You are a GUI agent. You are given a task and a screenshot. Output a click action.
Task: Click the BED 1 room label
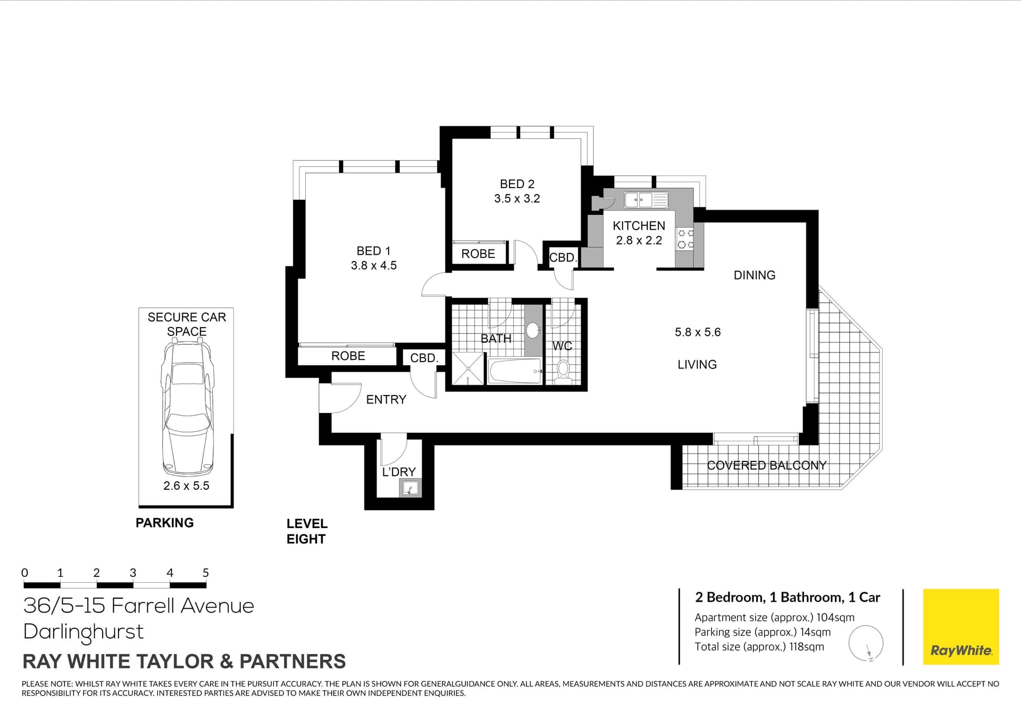point(373,251)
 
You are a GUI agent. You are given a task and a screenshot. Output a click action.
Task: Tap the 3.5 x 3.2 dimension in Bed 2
point(517,199)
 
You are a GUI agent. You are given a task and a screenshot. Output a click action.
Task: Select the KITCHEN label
point(639,226)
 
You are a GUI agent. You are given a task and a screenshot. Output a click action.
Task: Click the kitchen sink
point(646,200)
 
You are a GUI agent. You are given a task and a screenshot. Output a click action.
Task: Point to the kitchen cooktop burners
point(685,239)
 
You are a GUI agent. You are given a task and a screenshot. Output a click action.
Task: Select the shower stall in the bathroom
point(468,368)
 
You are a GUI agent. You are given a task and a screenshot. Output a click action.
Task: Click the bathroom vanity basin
point(533,330)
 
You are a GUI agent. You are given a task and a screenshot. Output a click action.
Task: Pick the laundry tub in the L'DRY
point(410,488)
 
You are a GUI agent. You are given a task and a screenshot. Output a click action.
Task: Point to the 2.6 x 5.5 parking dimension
point(186,486)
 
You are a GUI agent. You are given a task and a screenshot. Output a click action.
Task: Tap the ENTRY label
point(386,400)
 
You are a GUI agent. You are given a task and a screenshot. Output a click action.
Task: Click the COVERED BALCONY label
point(767,466)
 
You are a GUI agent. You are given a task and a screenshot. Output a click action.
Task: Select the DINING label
point(755,275)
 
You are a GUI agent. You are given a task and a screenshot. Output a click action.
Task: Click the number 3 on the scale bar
point(133,573)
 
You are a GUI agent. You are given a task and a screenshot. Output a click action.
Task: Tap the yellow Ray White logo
point(961,627)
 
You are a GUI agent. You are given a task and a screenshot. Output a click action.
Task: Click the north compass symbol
point(866,644)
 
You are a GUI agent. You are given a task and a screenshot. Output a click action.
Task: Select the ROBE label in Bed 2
point(478,254)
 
